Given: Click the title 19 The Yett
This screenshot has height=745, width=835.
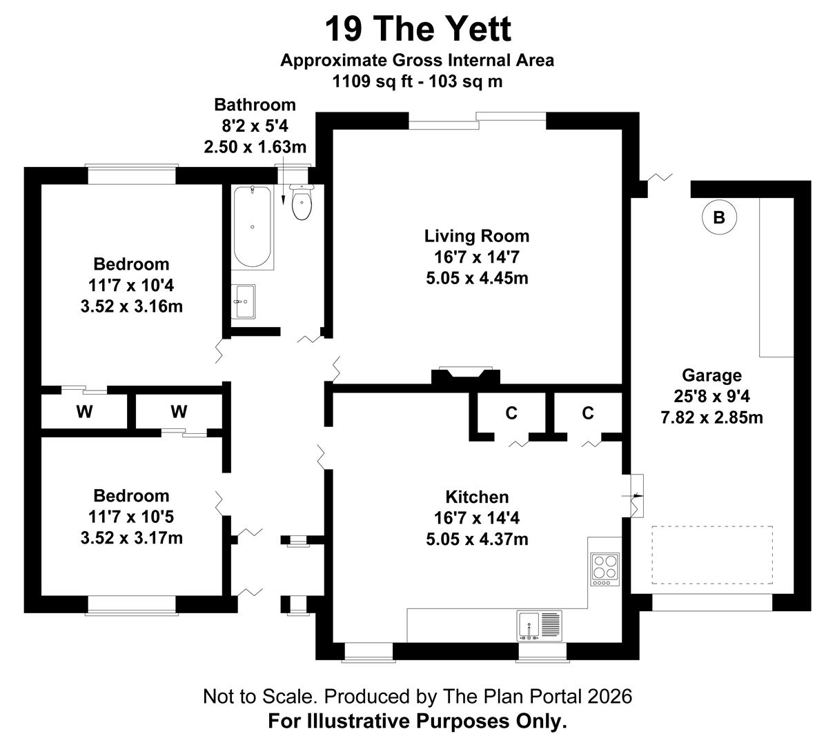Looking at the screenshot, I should (x=417, y=29).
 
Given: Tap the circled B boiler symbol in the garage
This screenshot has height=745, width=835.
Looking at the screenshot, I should (x=719, y=218).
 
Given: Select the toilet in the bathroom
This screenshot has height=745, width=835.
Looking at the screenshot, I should (x=302, y=201).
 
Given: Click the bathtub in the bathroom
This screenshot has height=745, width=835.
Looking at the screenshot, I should (x=252, y=227).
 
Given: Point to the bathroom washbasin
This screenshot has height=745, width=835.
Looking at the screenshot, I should (x=243, y=301).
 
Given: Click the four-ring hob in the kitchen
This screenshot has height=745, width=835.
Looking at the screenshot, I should (x=605, y=566).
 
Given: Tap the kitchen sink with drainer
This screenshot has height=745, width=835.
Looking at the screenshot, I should (x=540, y=625).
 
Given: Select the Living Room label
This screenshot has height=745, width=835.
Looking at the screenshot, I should (x=477, y=236).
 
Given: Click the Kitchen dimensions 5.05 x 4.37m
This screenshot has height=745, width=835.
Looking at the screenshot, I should (x=477, y=539).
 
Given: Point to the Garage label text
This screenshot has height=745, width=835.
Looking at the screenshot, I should (x=711, y=375).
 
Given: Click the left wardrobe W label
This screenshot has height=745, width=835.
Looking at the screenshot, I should (x=84, y=413).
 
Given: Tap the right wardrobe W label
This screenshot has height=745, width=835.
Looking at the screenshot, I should (x=179, y=413).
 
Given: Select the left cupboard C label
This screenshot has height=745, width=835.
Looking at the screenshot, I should (x=511, y=413).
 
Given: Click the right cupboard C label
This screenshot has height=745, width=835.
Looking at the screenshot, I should (x=587, y=413).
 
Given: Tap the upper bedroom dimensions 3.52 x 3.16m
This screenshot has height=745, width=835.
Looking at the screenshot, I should (x=132, y=306).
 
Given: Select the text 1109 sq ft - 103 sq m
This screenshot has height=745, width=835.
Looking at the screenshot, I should (x=417, y=81).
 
